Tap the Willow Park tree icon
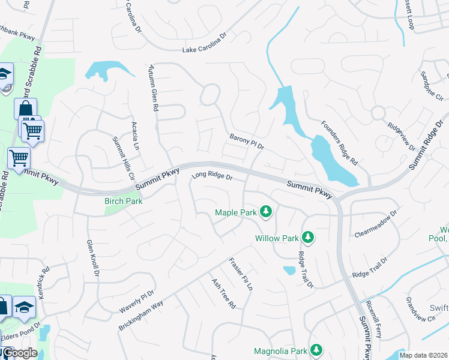pos(308,238)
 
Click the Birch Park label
pos(123,201)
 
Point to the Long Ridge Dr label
pos(211,176)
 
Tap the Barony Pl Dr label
pos(247,142)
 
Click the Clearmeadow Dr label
pos(376,223)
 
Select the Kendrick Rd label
pos(45,271)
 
